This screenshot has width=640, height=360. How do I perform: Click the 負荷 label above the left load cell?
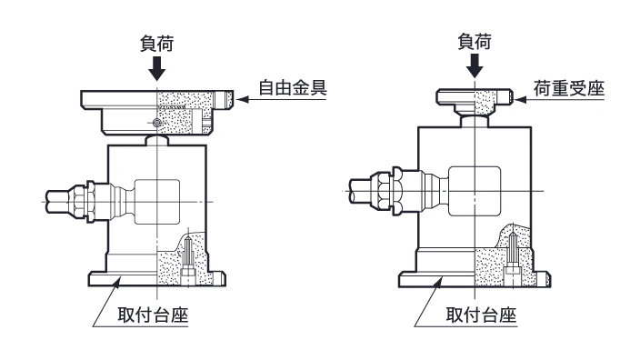[157, 44]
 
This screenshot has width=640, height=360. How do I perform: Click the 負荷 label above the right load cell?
[475, 42]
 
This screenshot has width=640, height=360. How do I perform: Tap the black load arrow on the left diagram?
[156, 68]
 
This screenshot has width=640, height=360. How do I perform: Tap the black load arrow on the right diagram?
[475, 65]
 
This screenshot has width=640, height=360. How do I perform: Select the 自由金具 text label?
[293, 88]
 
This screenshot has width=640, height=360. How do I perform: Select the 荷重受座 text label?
[569, 88]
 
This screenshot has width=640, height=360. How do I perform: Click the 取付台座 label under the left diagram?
[153, 315]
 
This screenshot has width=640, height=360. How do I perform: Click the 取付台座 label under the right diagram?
[481, 315]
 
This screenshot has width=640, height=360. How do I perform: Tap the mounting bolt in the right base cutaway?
[512, 258]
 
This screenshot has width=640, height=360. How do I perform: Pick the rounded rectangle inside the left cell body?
[156, 202]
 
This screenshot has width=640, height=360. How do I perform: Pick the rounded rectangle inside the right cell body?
[475, 191]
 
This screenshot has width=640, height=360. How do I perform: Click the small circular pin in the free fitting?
[156, 123]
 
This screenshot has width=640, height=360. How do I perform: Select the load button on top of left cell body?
[156, 140]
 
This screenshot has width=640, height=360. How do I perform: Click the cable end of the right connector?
[360, 191]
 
